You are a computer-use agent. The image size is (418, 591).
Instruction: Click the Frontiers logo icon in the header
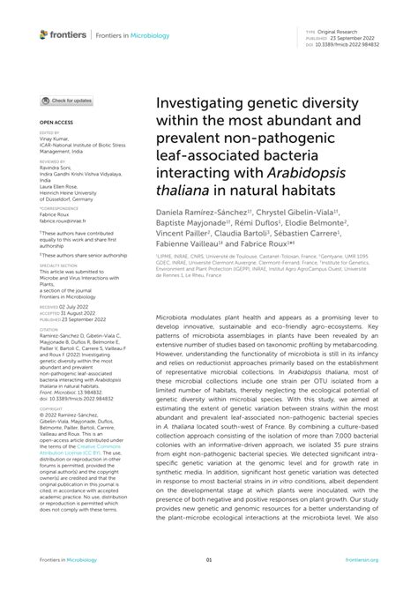(45, 34)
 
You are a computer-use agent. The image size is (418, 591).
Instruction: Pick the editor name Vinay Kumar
(55, 139)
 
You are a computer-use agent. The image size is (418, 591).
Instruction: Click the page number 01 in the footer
(209, 559)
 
